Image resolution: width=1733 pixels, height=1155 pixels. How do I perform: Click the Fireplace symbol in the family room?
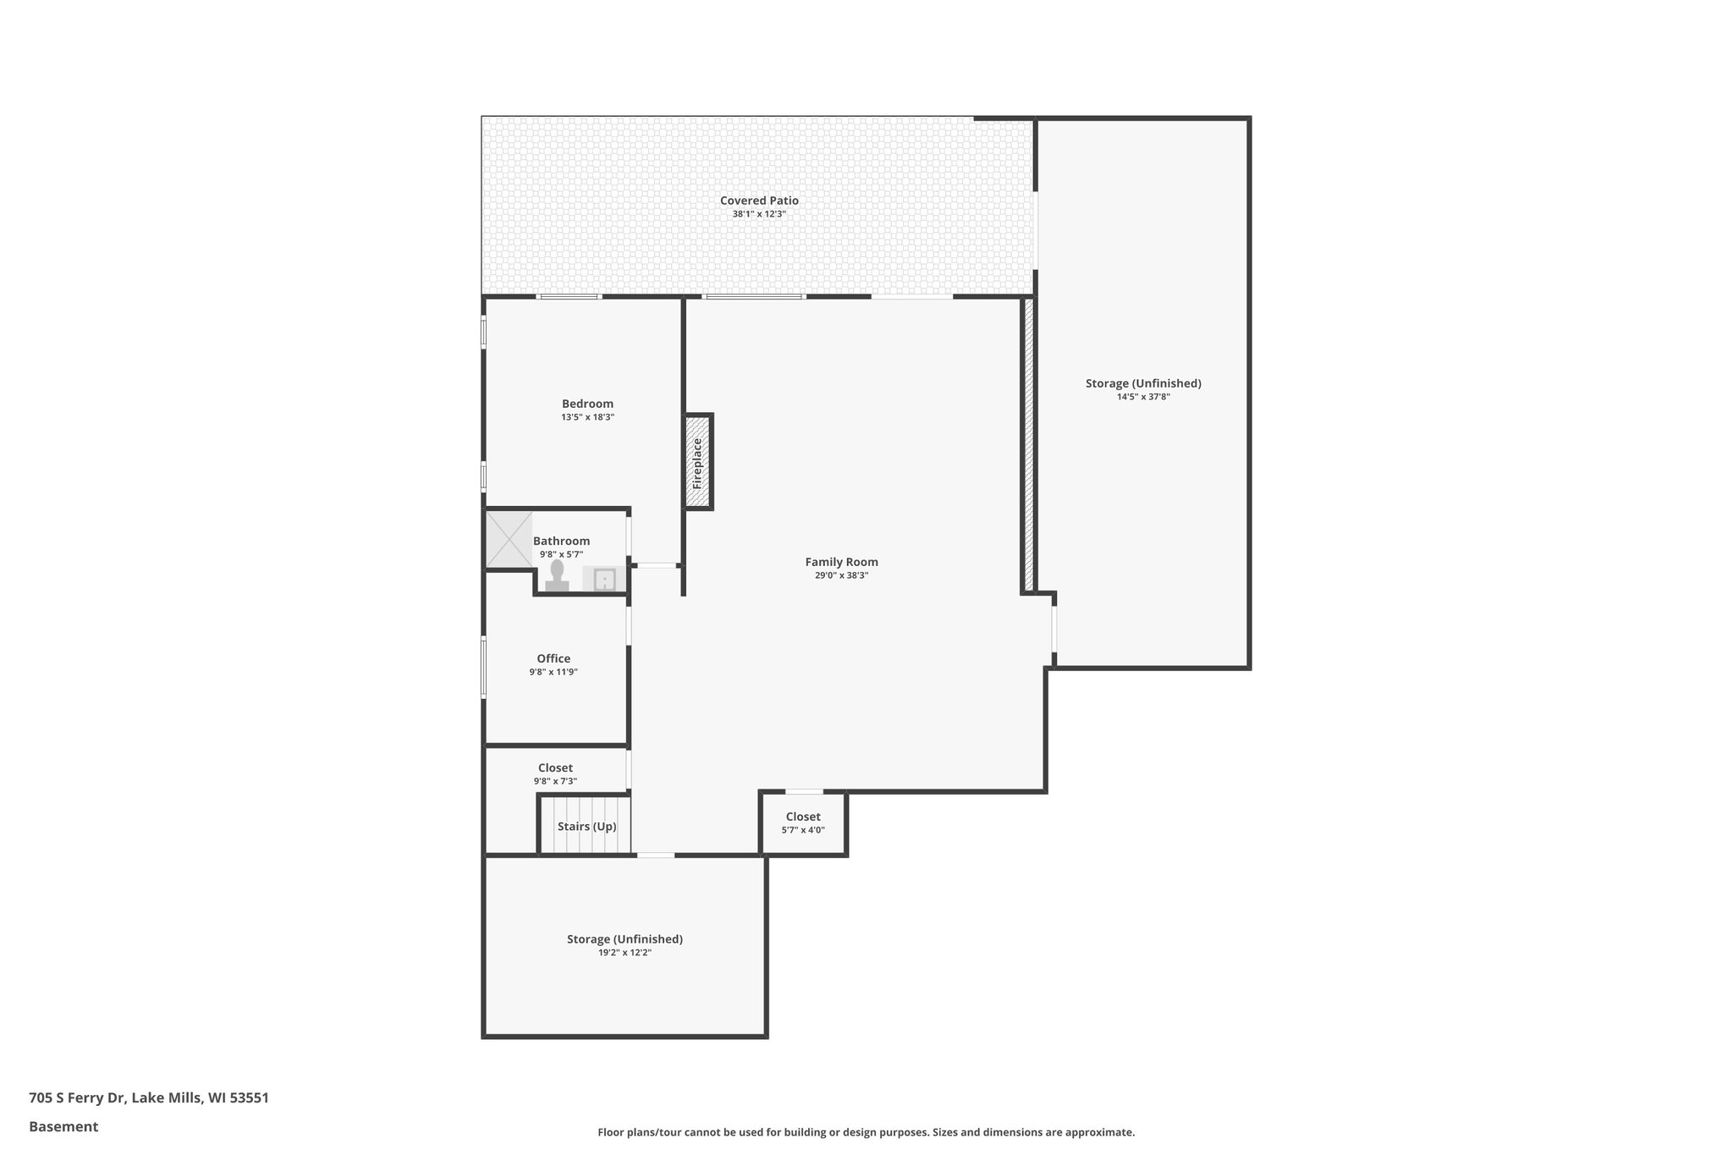698,462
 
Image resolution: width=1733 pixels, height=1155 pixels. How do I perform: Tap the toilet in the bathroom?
557,575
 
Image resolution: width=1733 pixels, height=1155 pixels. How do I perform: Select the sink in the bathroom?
604,580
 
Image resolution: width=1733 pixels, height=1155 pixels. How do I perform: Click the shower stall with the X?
509,539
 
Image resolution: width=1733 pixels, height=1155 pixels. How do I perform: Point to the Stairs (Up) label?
586,826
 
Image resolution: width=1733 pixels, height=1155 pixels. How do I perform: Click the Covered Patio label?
759,201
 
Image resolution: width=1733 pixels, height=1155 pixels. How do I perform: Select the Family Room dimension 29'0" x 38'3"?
841,575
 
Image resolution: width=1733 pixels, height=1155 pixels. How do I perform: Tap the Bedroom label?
587,404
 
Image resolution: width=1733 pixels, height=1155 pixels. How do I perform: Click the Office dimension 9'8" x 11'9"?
553,672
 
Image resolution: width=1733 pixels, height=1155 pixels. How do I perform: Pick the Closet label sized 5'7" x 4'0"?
802,817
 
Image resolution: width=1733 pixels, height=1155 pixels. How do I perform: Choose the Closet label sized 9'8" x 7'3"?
555,767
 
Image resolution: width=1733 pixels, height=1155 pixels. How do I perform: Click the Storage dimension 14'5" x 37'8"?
1142,397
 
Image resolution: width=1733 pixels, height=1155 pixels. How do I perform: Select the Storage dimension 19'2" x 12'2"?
624,953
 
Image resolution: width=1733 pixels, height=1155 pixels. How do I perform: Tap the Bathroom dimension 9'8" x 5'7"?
561,554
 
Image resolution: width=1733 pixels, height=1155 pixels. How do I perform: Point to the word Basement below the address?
63,1126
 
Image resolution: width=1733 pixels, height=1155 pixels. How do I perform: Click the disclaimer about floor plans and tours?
866,1132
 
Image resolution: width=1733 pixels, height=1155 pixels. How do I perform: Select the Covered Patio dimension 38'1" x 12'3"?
759,214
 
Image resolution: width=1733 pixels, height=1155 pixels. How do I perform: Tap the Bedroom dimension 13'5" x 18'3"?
587,417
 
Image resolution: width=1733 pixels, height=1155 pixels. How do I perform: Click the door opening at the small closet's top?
804,792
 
